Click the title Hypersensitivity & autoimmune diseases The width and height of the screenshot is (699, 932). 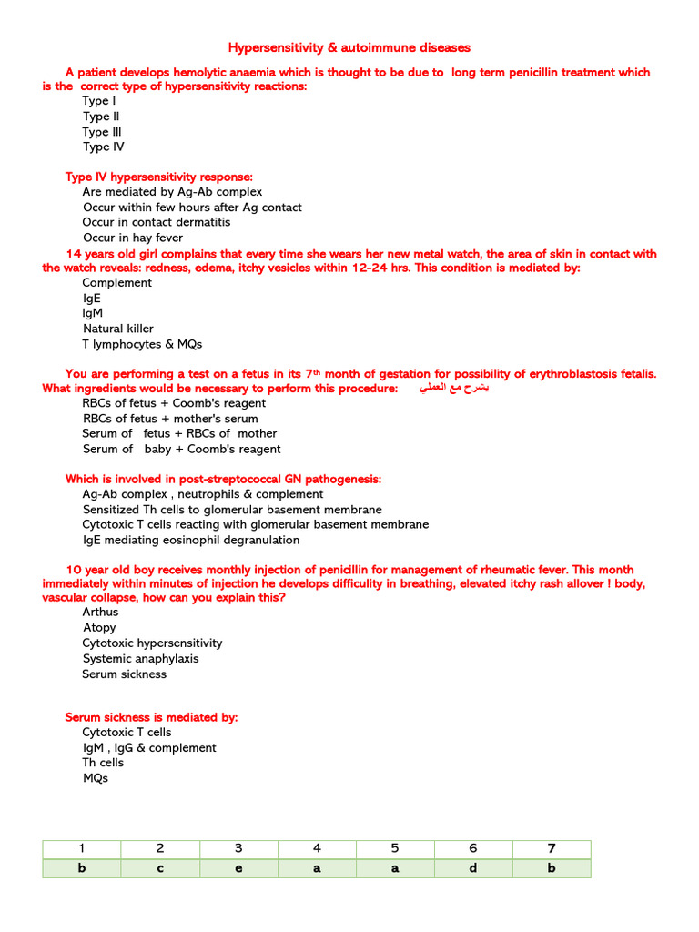pyautogui.click(x=349, y=47)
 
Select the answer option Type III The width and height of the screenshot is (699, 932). pyautogui.click(x=102, y=132)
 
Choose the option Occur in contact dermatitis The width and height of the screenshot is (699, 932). pyautogui.click(x=157, y=222)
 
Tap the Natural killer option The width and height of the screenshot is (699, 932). pyautogui.click(x=118, y=329)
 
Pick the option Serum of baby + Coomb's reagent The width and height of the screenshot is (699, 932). pyautogui.click(x=181, y=449)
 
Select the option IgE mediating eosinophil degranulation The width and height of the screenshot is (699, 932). pyautogui.click(x=190, y=540)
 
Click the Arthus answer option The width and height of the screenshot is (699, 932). pyautogui.click(x=100, y=613)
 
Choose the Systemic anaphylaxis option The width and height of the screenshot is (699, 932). pyautogui.click(x=140, y=658)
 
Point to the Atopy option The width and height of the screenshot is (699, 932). pyautogui.click(x=99, y=628)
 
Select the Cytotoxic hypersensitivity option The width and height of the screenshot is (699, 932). pyautogui.click(x=152, y=643)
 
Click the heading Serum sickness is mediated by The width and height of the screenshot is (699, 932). pyautogui.click(x=151, y=717)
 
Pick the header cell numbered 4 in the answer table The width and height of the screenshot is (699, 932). pyautogui.click(x=317, y=848)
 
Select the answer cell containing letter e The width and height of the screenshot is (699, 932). pyautogui.click(x=238, y=868)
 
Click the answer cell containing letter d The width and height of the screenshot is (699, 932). pyautogui.click(x=473, y=868)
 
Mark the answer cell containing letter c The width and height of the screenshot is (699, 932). pyautogui.click(x=160, y=868)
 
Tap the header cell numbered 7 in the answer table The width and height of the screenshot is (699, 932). pyautogui.click(x=552, y=848)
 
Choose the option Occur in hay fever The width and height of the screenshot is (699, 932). pyautogui.click(x=133, y=238)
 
